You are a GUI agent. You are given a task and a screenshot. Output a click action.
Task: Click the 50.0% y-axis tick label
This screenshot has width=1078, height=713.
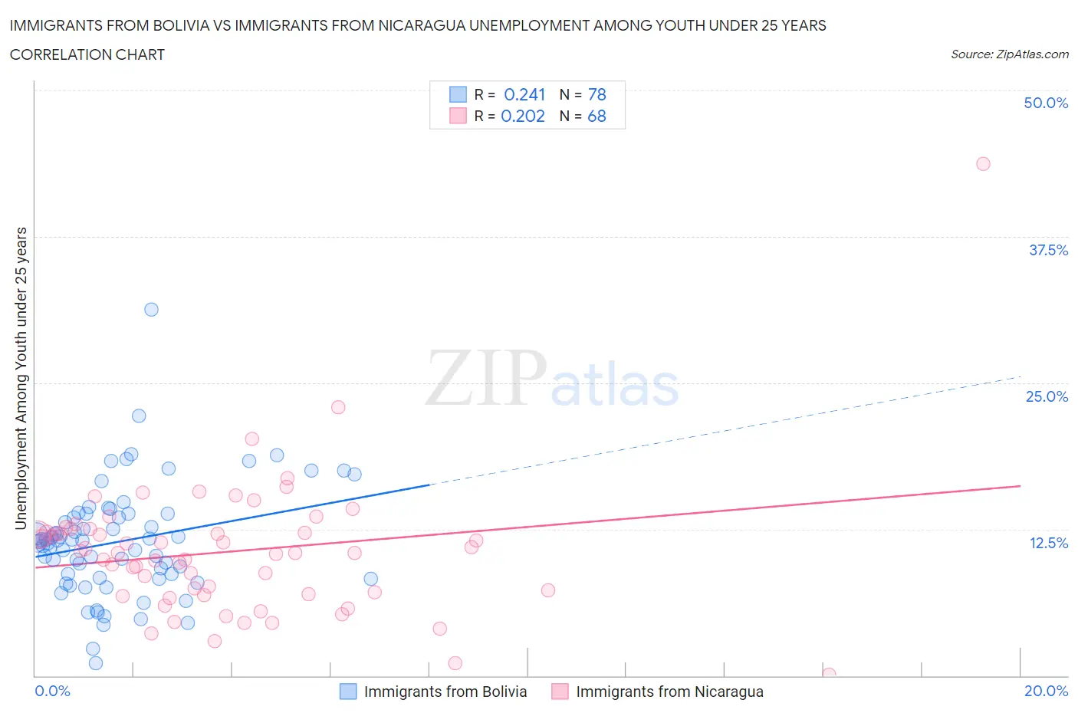click(x=1046, y=103)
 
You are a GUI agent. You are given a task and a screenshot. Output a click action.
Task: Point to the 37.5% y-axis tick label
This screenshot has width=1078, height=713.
click(x=1048, y=250)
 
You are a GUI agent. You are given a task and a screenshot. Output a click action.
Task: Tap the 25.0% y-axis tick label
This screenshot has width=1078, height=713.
click(x=1047, y=396)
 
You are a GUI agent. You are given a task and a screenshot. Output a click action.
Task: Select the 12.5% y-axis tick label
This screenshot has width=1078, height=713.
click(x=1048, y=543)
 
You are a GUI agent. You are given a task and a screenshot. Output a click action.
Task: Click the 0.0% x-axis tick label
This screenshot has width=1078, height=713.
click(x=52, y=691)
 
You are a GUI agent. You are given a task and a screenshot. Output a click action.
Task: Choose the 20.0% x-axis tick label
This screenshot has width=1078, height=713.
click(x=1046, y=691)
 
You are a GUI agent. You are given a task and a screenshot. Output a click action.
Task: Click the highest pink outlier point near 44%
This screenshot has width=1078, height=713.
click(x=983, y=164)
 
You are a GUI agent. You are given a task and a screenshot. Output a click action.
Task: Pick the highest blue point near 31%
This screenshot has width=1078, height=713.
click(x=151, y=310)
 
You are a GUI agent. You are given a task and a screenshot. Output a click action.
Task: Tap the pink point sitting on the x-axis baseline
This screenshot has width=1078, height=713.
click(x=829, y=674)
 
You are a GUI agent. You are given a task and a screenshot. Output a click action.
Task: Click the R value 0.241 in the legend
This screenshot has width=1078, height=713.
click(x=524, y=94)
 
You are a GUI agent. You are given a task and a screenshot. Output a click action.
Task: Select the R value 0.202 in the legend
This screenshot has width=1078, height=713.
click(x=523, y=116)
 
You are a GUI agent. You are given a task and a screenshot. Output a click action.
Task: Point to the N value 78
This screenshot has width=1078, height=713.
click(x=597, y=94)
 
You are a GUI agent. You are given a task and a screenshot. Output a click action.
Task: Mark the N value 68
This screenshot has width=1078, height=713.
click(x=597, y=116)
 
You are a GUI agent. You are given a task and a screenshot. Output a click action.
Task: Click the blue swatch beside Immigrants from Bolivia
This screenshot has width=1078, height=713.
click(x=348, y=692)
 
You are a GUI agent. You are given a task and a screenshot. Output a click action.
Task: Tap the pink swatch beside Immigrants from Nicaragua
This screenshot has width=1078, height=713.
click(x=560, y=692)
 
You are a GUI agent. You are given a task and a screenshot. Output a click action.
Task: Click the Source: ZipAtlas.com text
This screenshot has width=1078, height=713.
click(x=1009, y=54)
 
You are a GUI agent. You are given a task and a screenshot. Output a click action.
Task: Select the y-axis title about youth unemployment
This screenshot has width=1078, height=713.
click(x=21, y=379)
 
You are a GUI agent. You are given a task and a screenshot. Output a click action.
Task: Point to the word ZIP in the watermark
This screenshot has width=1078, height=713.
click(x=485, y=378)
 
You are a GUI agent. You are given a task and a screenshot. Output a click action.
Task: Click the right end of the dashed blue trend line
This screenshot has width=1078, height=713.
click(x=1020, y=376)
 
